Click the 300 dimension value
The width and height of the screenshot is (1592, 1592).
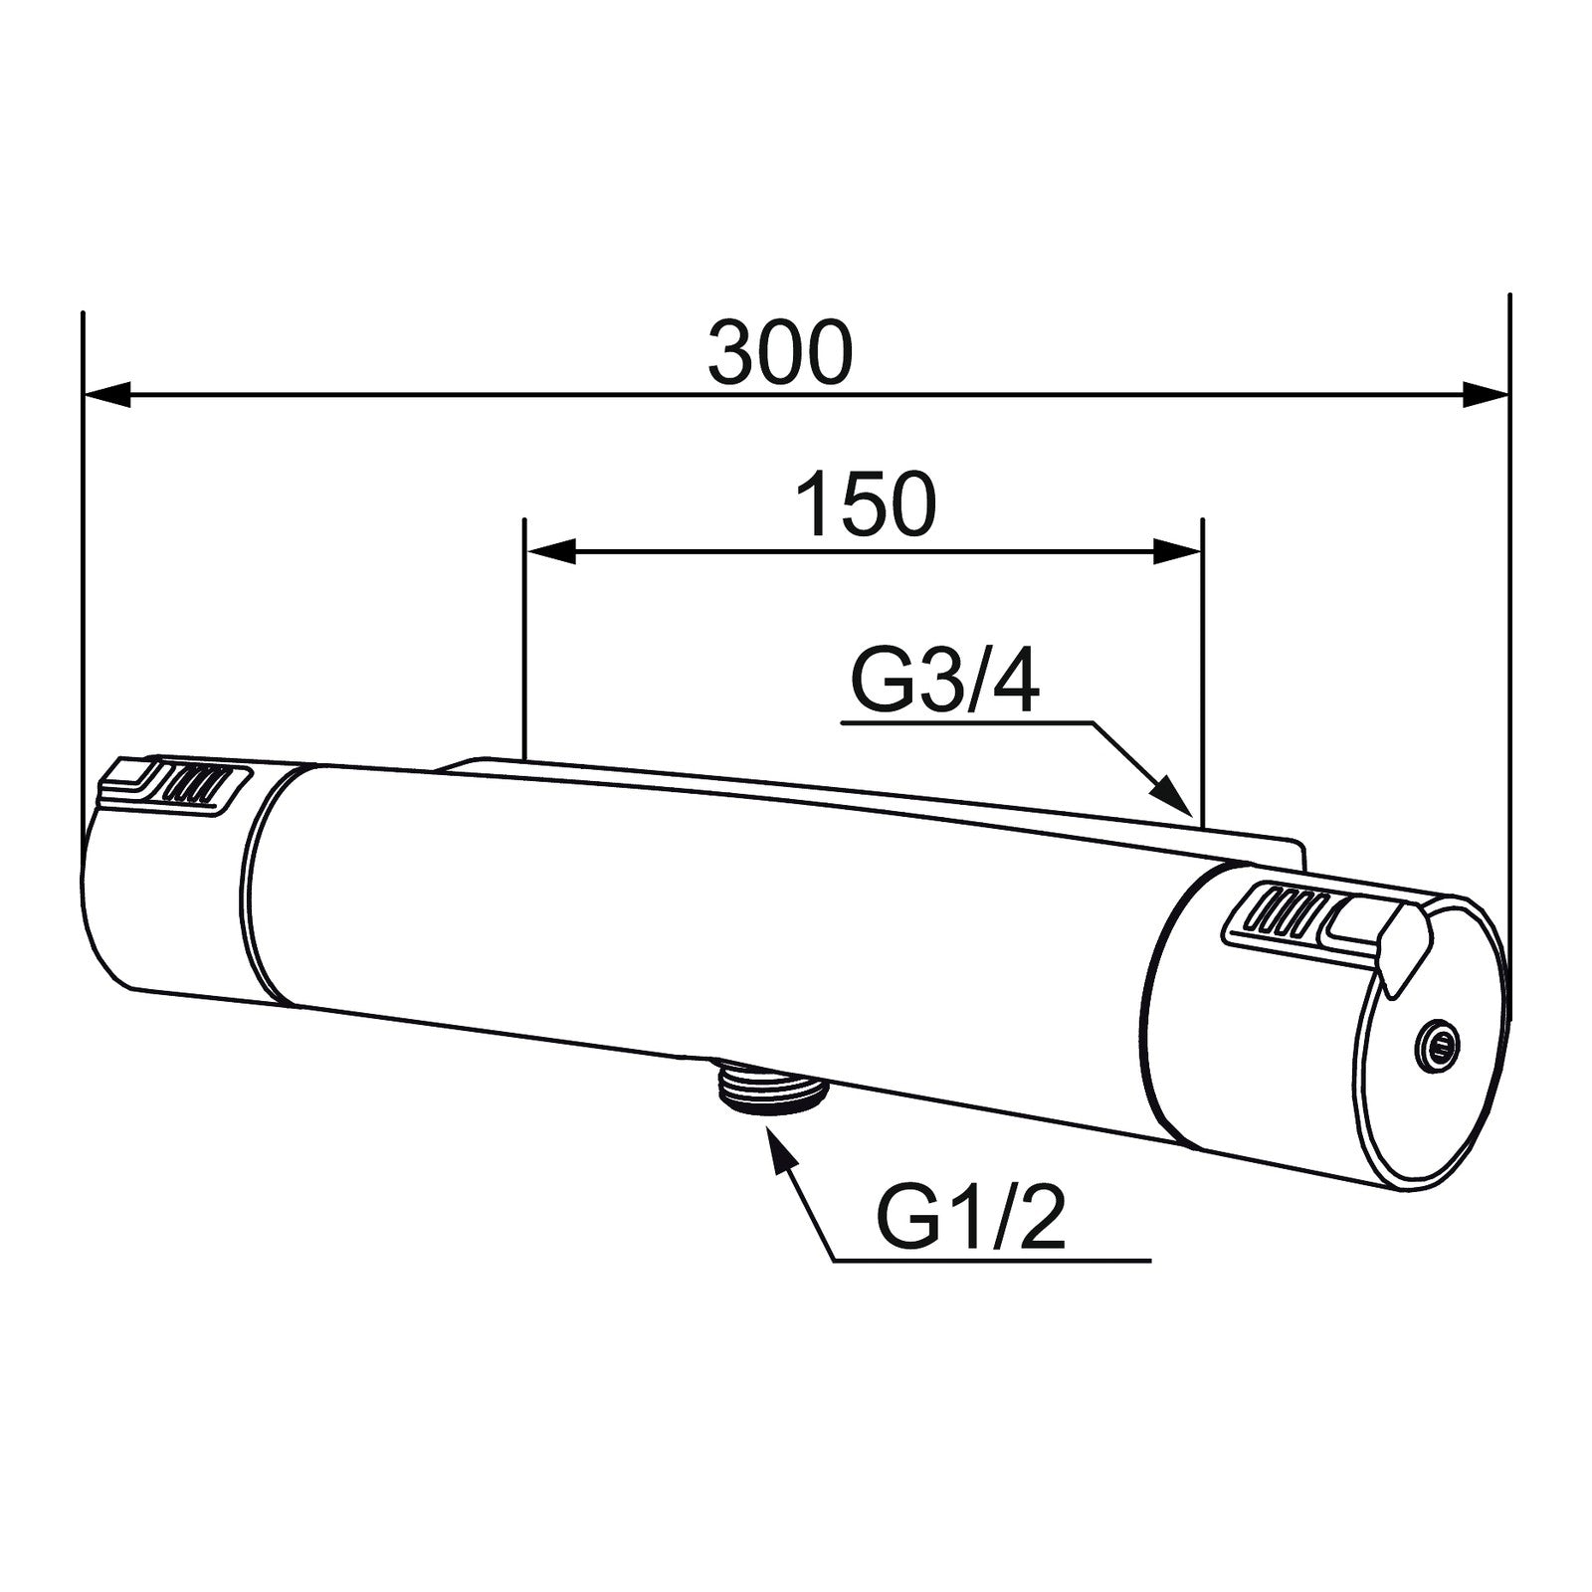pos(781,353)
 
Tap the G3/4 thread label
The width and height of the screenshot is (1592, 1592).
pos(945,681)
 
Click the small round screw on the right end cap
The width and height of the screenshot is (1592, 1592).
pos(1437,1042)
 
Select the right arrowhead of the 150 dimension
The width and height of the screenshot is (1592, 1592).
pos(1178,550)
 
